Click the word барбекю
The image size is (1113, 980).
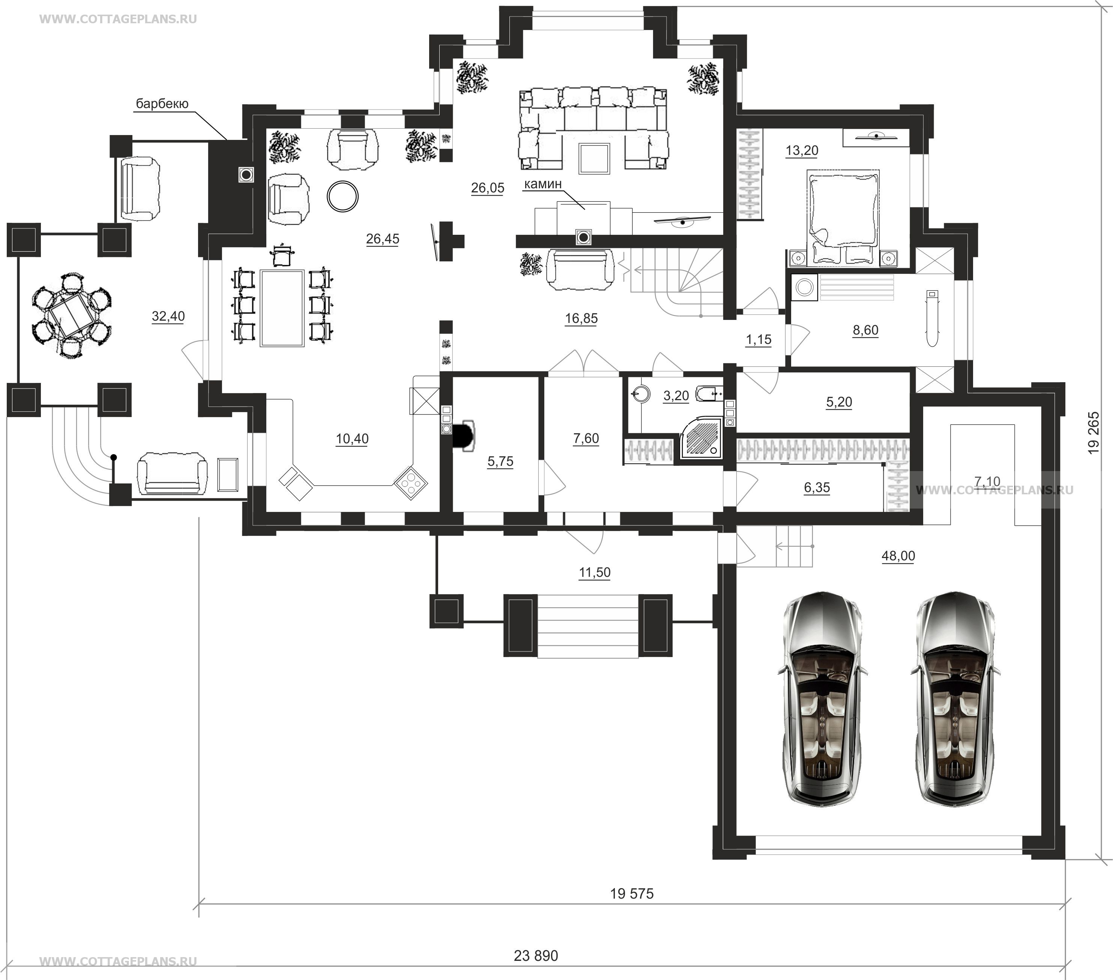tap(162, 104)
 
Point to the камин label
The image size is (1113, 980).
tap(542, 184)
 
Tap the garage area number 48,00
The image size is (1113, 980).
tap(898, 557)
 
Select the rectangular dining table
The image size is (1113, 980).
tap(282, 308)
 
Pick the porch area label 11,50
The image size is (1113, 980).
tap(595, 573)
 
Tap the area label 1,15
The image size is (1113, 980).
tap(759, 340)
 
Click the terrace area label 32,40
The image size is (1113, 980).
tap(168, 316)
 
